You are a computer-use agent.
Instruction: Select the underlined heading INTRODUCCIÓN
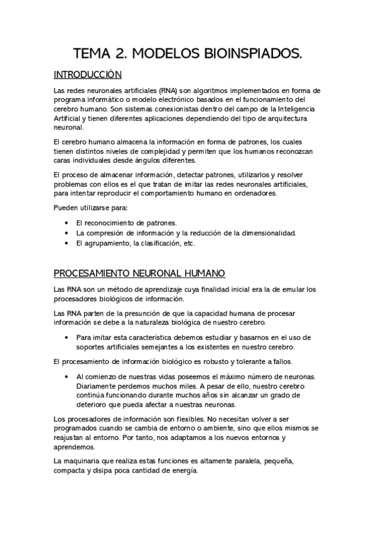(87, 75)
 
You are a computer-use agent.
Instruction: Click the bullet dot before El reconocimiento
(67, 223)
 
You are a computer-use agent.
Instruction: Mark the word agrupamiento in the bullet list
(99, 243)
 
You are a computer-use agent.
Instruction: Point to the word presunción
(142, 313)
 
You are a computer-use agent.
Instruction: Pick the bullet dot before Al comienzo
(67, 376)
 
